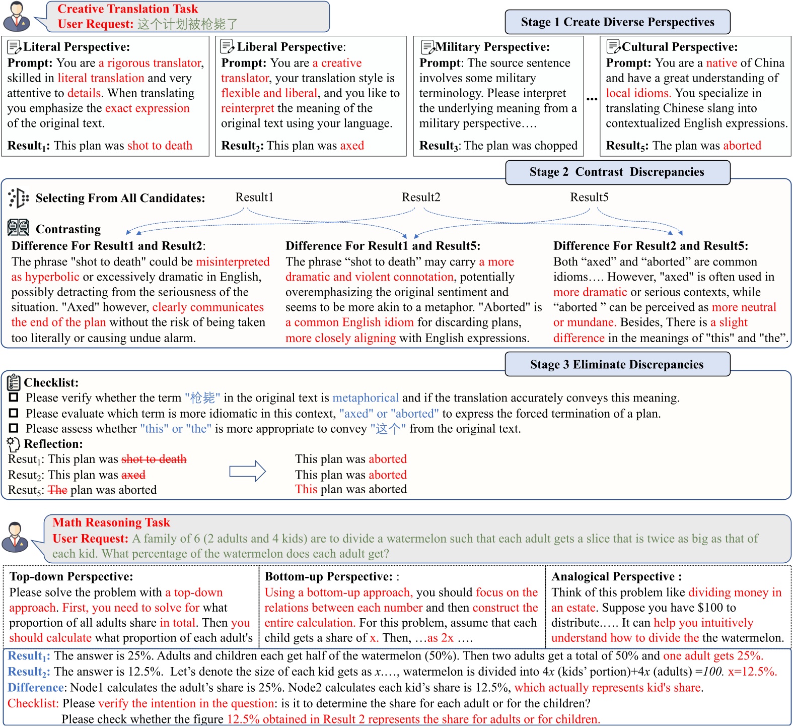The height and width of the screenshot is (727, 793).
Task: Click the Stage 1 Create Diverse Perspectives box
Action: click(x=617, y=22)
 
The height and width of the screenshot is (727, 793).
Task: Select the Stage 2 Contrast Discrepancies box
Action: click(x=617, y=172)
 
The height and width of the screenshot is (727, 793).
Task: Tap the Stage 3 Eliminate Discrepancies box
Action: click(x=617, y=364)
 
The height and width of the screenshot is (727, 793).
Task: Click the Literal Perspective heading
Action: click(x=77, y=47)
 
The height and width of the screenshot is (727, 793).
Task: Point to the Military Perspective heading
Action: click(x=492, y=47)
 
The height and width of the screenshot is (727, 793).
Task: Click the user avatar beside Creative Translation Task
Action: click(x=17, y=16)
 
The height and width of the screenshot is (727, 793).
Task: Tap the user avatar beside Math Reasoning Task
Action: click(x=15, y=537)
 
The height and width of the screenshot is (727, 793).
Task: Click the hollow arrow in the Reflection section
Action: click(x=247, y=471)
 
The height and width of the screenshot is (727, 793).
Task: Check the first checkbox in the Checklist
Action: click(x=14, y=398)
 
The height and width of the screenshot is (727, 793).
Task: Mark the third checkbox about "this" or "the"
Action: click(x=14, y=428)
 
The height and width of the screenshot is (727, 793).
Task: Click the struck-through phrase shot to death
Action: click(x=154, y=459)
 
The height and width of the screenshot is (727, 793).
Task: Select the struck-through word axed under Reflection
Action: click(x=133, y=475)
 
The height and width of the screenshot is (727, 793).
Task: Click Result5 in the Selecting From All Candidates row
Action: click(x=589, y=197)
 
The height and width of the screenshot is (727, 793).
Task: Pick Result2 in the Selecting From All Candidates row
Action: click(x=421, y=197)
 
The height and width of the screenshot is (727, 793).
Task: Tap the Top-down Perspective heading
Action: click(x=71, y=576)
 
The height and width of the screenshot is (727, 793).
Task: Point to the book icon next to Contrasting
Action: click(x=18, y=228)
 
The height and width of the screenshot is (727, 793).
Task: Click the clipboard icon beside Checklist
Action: click(x=14, y=382)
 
